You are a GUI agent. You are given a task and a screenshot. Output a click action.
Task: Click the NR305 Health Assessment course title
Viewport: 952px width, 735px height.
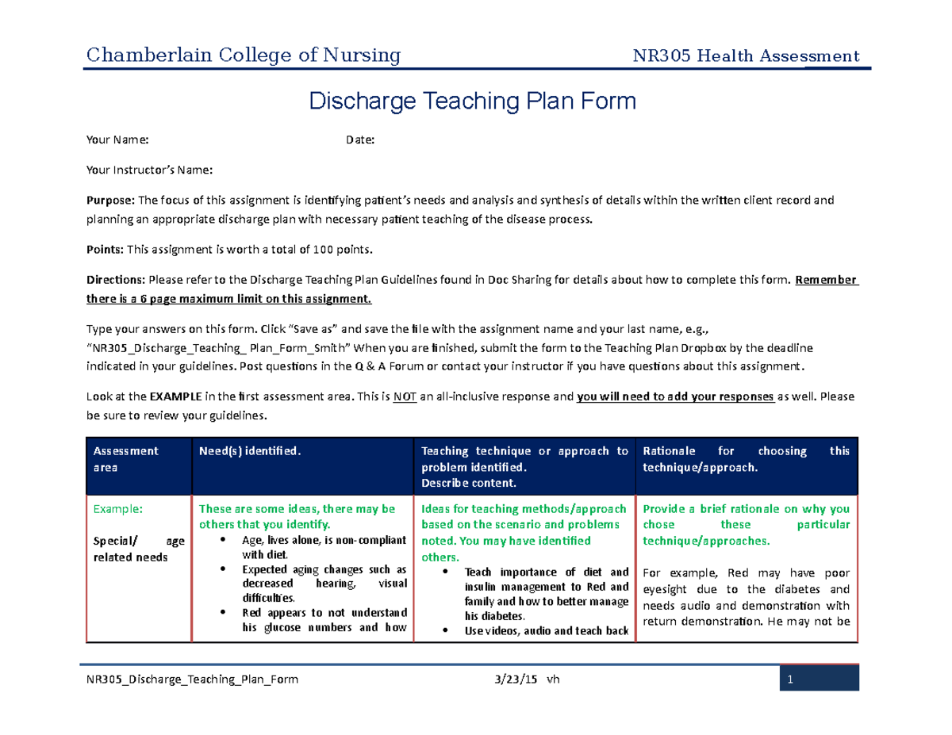click(746, 56)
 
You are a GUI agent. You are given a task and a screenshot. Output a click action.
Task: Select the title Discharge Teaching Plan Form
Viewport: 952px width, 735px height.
click(472, 101)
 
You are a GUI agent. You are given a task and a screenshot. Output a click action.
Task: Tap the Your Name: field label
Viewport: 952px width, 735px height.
click(117, 140)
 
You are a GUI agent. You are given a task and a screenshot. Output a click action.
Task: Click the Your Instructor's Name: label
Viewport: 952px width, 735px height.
click(149, 170)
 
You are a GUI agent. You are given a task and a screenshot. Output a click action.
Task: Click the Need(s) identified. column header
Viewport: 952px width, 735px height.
click(250, 451)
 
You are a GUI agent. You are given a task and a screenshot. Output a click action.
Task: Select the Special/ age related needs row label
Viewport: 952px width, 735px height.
click(138, 549)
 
